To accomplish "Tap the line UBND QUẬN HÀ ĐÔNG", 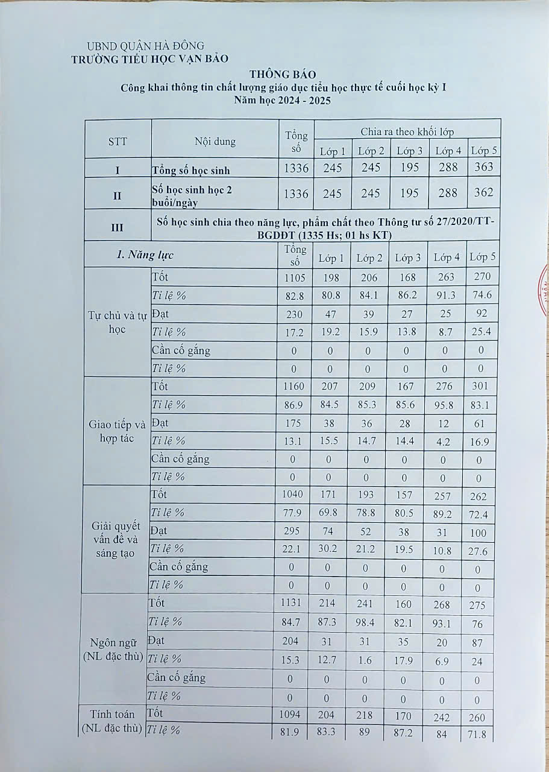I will (145, 46).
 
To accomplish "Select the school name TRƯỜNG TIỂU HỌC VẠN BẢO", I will (150, 59).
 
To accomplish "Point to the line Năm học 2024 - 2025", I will (283, 101).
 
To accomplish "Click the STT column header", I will (118, 142).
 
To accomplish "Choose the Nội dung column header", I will (215, 142).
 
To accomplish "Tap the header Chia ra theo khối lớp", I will (407, 131).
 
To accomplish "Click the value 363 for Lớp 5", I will (483, 167).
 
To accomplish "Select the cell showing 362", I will (483, 193).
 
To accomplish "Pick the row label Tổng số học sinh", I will (191, 170).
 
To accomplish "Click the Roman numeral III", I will (118, 227).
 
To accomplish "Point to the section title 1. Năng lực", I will (145, 255).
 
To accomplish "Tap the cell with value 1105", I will (296, 277).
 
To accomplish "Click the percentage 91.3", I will (447, 296).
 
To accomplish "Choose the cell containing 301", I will (482, 387).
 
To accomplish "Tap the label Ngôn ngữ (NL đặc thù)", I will (113, 650).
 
